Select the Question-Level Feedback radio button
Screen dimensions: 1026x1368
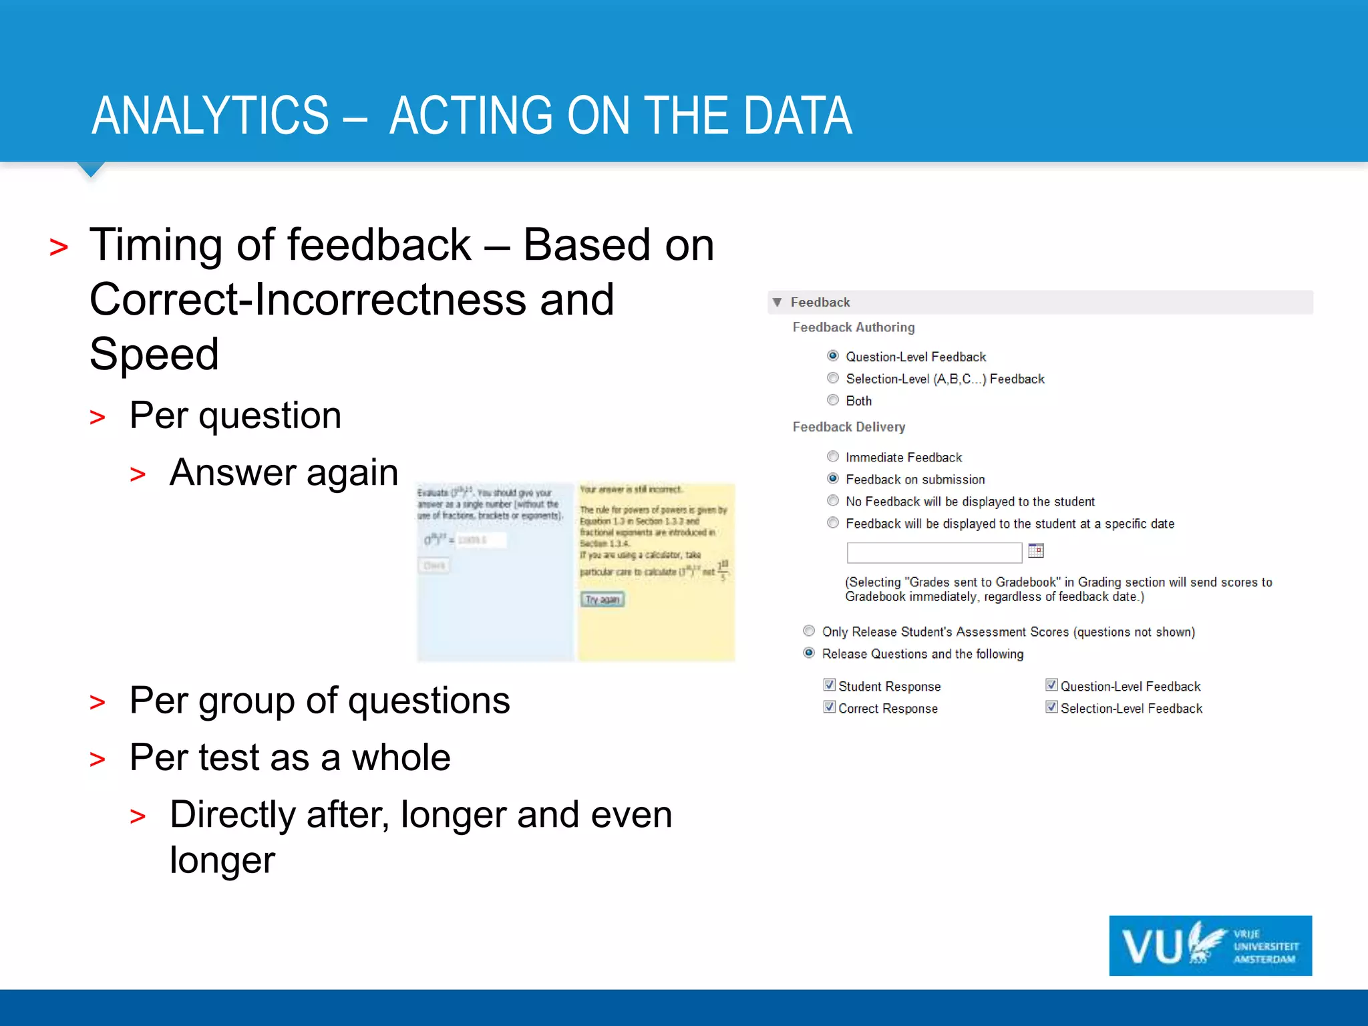833,356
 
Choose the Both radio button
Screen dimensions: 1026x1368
833,400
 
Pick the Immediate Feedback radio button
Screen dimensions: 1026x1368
833,457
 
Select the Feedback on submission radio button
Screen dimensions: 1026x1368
833,479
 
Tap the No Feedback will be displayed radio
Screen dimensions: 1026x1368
833,501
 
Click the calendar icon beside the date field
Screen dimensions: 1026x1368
1035,551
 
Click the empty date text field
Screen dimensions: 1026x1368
934,552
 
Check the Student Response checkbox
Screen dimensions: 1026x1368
830,685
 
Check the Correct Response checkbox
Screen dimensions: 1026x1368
830,707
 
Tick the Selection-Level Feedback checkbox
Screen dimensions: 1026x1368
1051,707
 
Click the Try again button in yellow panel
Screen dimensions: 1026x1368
602,599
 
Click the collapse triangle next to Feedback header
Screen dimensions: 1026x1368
778,303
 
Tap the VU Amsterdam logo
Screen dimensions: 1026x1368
1210,946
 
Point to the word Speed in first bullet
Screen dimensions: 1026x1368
154,354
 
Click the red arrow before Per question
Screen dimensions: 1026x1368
98,418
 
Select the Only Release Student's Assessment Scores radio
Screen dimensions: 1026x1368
809,631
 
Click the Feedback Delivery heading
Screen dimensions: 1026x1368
848,427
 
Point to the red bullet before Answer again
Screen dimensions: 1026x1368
138,475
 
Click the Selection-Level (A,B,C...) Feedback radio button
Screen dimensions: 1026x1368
833,378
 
